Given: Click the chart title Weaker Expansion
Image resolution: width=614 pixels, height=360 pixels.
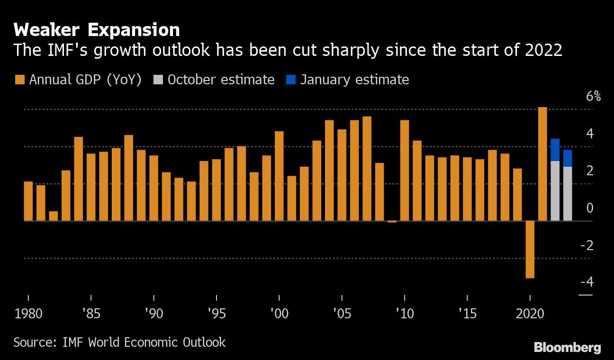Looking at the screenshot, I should (x=97, y=30).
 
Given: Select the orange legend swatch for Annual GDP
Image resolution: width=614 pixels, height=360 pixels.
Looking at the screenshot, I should (x=19, y=80).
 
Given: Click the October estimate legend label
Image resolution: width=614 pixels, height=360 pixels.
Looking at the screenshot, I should (x=221, y=80).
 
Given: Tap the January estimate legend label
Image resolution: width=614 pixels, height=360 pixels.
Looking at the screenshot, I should (x=354, y=80).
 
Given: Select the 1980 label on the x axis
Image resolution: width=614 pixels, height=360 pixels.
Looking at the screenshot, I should (x=28, y=314).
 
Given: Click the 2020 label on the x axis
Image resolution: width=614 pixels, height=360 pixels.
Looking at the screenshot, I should (x=530, y=314).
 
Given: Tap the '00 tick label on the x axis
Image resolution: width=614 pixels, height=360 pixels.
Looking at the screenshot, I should (x=279, y=314).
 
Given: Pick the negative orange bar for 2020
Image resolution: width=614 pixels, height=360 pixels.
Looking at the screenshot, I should (x=530, y=249).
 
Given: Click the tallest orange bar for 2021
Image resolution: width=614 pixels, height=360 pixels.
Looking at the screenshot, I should (x=542, y=164).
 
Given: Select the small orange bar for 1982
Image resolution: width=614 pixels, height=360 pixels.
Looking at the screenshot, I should (x=54, y=216).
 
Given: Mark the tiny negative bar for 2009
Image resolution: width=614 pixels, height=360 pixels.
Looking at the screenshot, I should (x=392, y=222).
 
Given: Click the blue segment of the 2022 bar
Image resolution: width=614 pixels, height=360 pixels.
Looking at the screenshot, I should (x=555, y=150).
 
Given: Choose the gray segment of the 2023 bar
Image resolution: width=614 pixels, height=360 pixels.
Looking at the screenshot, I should (x=568, y=193).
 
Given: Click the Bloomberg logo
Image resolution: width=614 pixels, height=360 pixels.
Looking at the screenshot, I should (x=567, y=347).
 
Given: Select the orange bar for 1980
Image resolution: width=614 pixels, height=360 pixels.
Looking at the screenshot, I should (x=28, y=201).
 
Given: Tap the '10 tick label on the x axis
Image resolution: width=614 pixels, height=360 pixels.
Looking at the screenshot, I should (x=405, y=314).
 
